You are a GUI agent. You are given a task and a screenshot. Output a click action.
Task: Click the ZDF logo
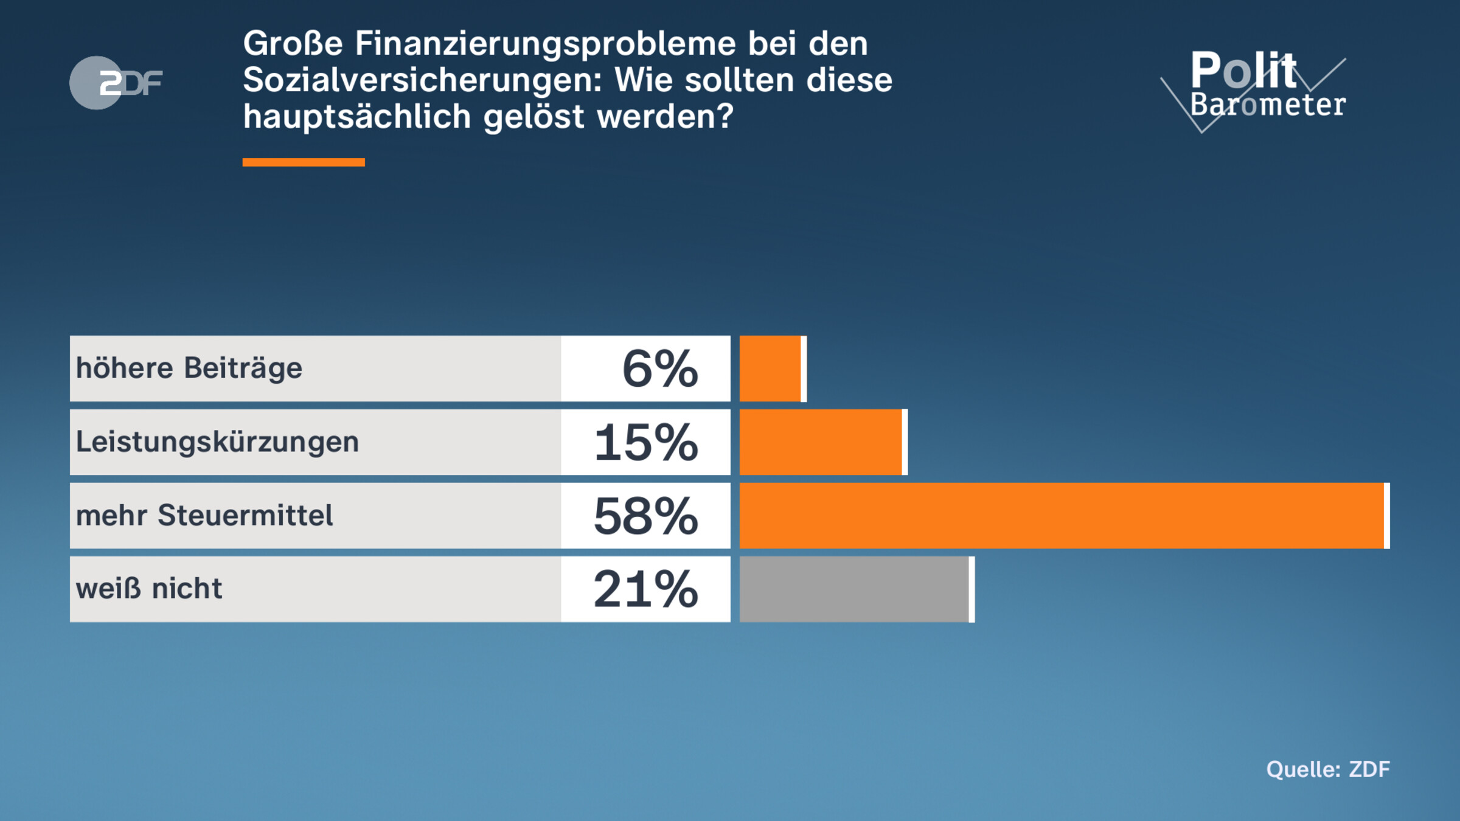click(116, 83)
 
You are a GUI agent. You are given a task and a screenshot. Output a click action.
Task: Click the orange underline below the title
click(304, 162)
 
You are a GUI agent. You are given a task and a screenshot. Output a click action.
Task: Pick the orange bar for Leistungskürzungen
click(821, 442)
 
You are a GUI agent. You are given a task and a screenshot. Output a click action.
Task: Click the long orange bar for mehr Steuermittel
click(1062, 516)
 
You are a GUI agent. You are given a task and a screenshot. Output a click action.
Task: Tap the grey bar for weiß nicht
click(855, 589)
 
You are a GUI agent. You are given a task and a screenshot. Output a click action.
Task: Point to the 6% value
click(660, 369)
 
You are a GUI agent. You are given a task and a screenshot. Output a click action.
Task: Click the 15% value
click(646, 442)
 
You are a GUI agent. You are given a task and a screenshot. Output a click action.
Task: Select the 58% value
click(646, 516)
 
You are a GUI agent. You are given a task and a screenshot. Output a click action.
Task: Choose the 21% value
click(646, 589)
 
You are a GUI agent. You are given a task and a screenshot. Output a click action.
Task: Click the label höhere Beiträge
click(189, 369)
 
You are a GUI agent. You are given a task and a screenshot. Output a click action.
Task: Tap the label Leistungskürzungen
click(217, 442)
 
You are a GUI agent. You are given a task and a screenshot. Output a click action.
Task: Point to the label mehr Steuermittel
click(204, 516)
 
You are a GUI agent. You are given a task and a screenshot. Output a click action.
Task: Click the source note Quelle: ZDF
click(1328, 769)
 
